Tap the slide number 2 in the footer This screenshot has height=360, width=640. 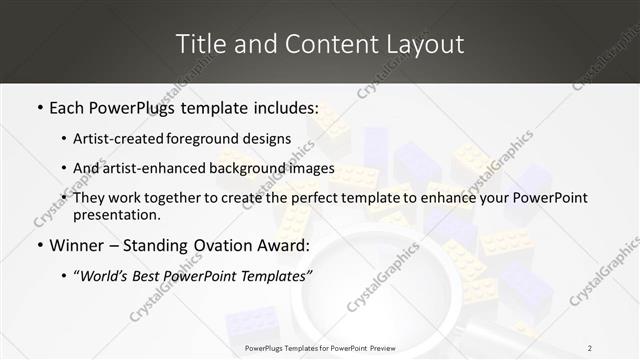tap(589, 348)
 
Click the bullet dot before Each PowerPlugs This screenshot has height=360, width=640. tap(39, 107)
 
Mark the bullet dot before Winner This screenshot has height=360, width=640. tap(39, 246)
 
